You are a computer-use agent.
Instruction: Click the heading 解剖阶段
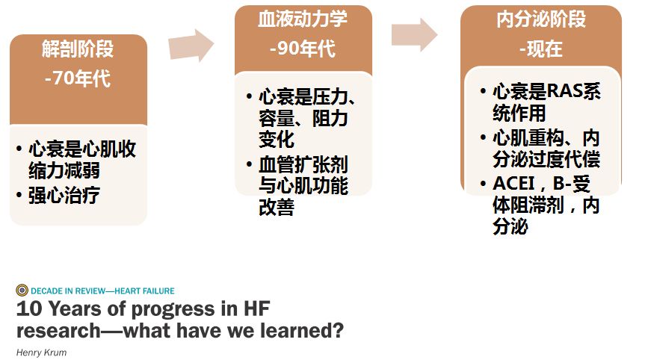tap(78, 49)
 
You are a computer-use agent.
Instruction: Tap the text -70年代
tap(78, 78)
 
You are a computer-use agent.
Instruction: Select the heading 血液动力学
tap(303, 19)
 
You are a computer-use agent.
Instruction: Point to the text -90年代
tap(303, 49)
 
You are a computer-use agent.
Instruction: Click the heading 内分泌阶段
tap(541, 19)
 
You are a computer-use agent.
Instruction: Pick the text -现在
tap(541, 49)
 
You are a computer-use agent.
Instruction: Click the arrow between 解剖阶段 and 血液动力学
tap(191, 45)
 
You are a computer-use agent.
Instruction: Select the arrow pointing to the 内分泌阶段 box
tap(415, 34)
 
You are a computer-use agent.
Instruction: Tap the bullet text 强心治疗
tap(64, 195)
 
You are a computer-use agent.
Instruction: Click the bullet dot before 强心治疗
tap(19, 194)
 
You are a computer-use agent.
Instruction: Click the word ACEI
tap(514, 183)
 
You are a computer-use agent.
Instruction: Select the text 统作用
tap(519, 113)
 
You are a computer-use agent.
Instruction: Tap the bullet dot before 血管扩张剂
tap(249, 164)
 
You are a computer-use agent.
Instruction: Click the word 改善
tap(277, 207)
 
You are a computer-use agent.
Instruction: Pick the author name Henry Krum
tap(41, 353)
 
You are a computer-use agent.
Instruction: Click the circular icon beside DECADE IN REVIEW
tap(22, 291)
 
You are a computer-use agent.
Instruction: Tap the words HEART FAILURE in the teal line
tap(145, 291)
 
